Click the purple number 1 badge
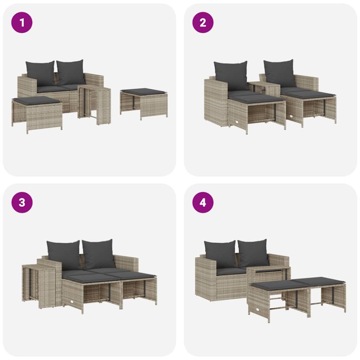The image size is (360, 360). pos(22,22)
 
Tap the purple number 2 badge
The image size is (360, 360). pos(203,22)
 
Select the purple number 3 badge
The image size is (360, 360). pos(22,202)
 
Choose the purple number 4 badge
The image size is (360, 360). pos(203,202)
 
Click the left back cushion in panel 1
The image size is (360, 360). pos(40,73)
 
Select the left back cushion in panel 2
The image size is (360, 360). pos(231,75)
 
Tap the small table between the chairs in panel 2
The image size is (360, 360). pos(265,87)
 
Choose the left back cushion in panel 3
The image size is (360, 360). pos(63,254)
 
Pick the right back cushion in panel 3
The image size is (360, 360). pos(98,254)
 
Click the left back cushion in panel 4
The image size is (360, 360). pos(220,254)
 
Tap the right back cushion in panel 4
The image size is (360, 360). pos(253,253)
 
